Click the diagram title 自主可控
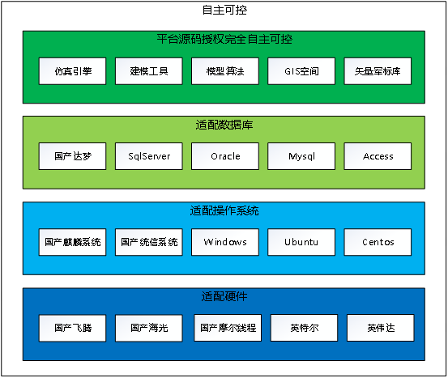(x=224, y=10)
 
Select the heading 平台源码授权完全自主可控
(x=224, y=39)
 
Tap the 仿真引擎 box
(x=72, y=71)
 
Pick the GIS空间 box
(x=301, y=71)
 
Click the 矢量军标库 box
(x=378, y=71)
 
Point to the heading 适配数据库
(x=224, y=125)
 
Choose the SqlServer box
(x=149, y=156)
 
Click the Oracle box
(x=225, y=156)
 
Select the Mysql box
(x=301, y=156)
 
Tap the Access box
(x=378, y=156)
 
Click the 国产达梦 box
(x=72, y=156)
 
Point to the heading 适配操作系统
(x=224, y=210)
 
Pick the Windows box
(x=225, y=242)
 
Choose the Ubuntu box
(x=301, y=242)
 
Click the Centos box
(x=378, y=242)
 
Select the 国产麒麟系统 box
(x=72, y=242)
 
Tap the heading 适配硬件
(x=224, y=296)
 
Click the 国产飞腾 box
(x=72, y=328)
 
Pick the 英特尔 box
(x=304, y=328)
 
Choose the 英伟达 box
(x=381, y=328)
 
